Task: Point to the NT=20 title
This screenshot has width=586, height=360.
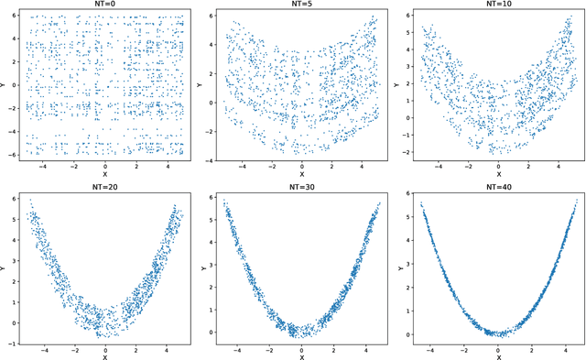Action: tap(105, 188)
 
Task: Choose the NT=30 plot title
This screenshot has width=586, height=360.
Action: tap(301, 188)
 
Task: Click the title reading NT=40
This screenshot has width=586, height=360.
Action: tap(498, 188)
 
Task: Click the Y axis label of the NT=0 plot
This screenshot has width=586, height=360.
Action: tap(5, 85)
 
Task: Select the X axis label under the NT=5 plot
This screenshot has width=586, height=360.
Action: tap(301, 173)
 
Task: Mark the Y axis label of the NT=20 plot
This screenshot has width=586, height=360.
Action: tap(5, 267)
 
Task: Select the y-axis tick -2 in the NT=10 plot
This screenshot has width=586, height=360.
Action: tap(407, 147)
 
